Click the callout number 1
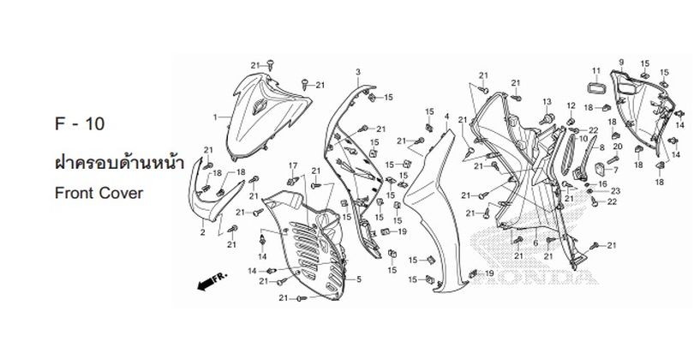coord(215,117)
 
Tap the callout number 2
coord(203,232)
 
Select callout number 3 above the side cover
coord(358,72)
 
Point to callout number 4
coord(446,116)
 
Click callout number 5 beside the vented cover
coord(359,279)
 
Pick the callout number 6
coord(535,243)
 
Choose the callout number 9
coord(621,62)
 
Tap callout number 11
coord(596,71)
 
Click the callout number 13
coord(547,102)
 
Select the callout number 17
coord(293,165)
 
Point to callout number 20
coord(618,147)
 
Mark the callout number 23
coord(616,191)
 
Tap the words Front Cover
coord(99,193)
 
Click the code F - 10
coord(81,123)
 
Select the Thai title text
coord(118,162)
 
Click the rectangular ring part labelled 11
coord(595,87)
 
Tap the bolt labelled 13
coord(547,118)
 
